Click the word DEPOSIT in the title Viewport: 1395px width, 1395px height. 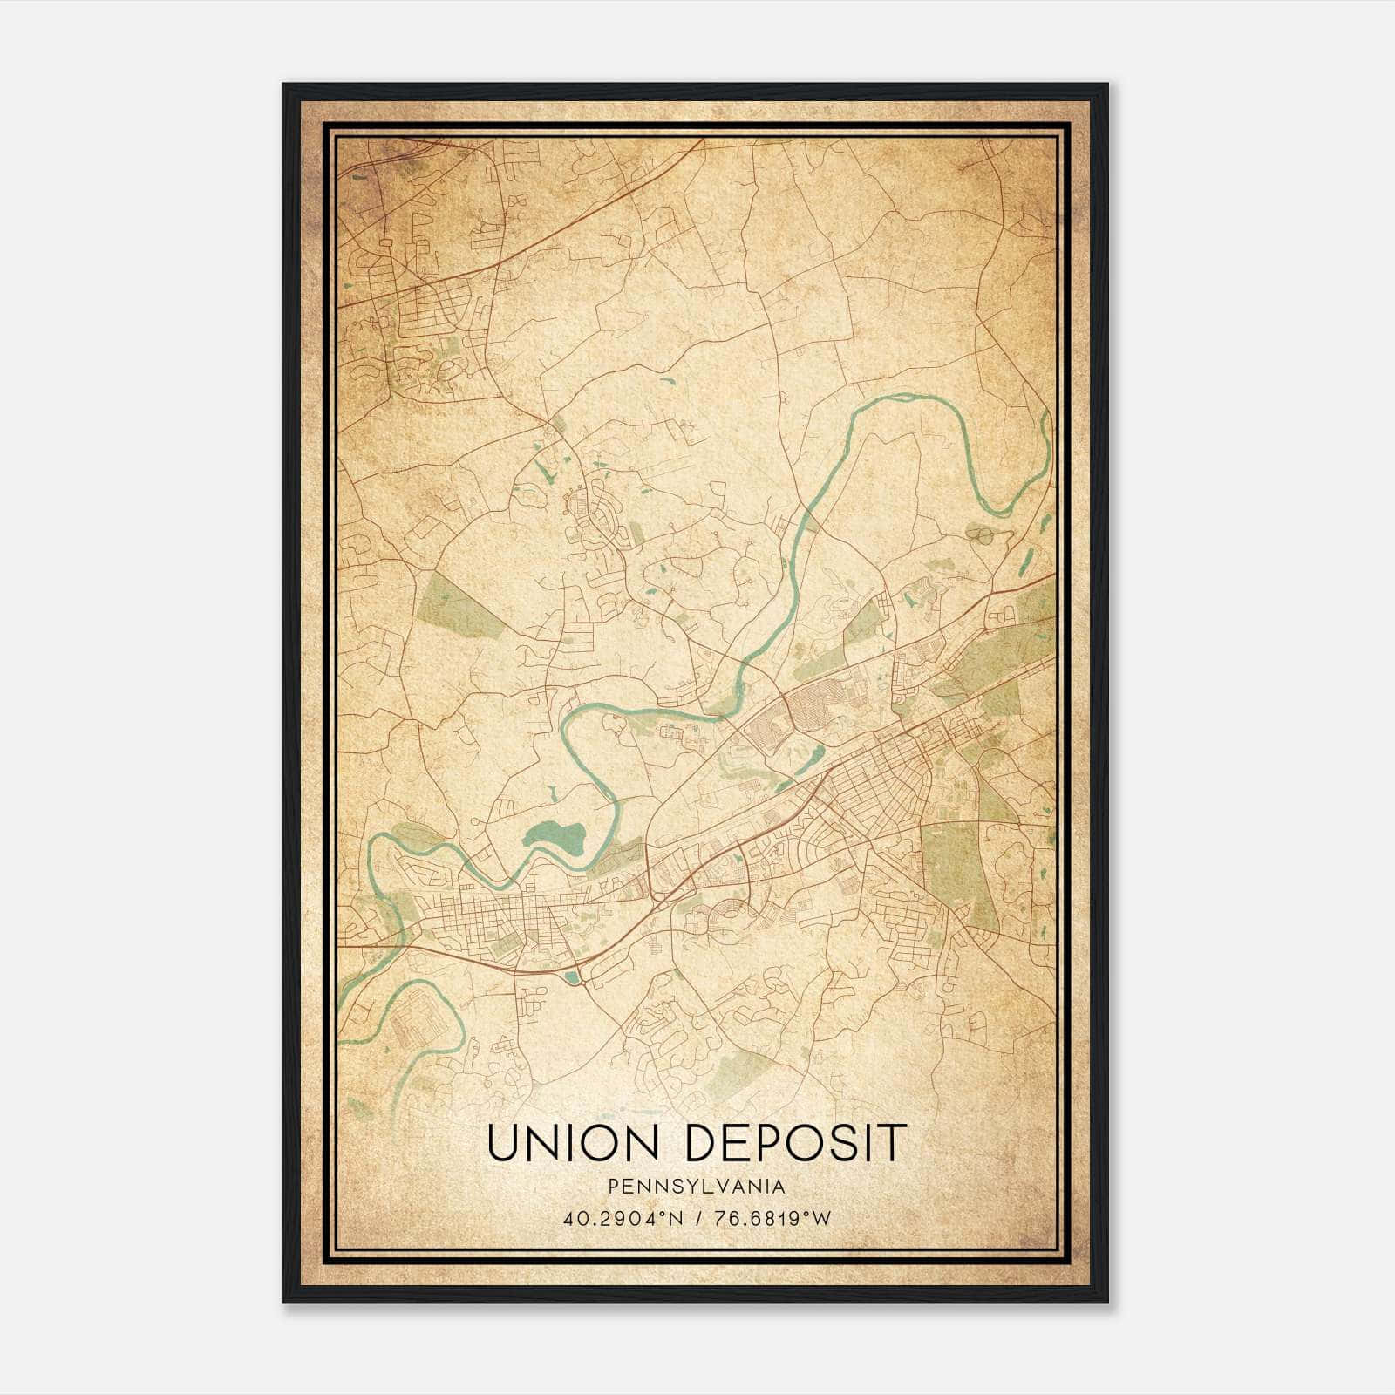tap(796, 1143)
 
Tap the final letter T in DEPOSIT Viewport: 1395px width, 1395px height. tap(892, 1143)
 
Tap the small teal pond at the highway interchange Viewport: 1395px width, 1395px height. tap(573, 977)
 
